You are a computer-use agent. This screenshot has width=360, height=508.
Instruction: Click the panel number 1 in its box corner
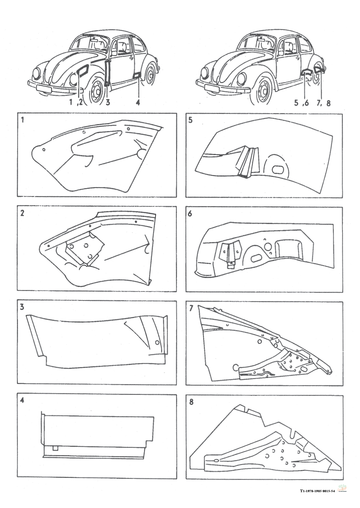pos(22,120)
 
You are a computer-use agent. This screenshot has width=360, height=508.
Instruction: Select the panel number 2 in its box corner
pos(22,213)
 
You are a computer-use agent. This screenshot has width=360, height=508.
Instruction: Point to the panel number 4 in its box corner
pos(22,401)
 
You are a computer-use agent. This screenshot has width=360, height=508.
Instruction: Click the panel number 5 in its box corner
pos(190,120)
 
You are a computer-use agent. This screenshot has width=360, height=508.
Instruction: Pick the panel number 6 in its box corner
pos(190,214)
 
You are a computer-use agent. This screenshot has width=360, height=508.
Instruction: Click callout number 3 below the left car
pos(108,102)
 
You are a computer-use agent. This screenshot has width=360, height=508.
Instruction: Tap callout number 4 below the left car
pos(138,102)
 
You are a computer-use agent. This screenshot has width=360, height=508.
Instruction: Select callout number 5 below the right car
pos(296,103)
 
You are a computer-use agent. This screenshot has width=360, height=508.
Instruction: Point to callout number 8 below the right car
pos(328,103)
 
